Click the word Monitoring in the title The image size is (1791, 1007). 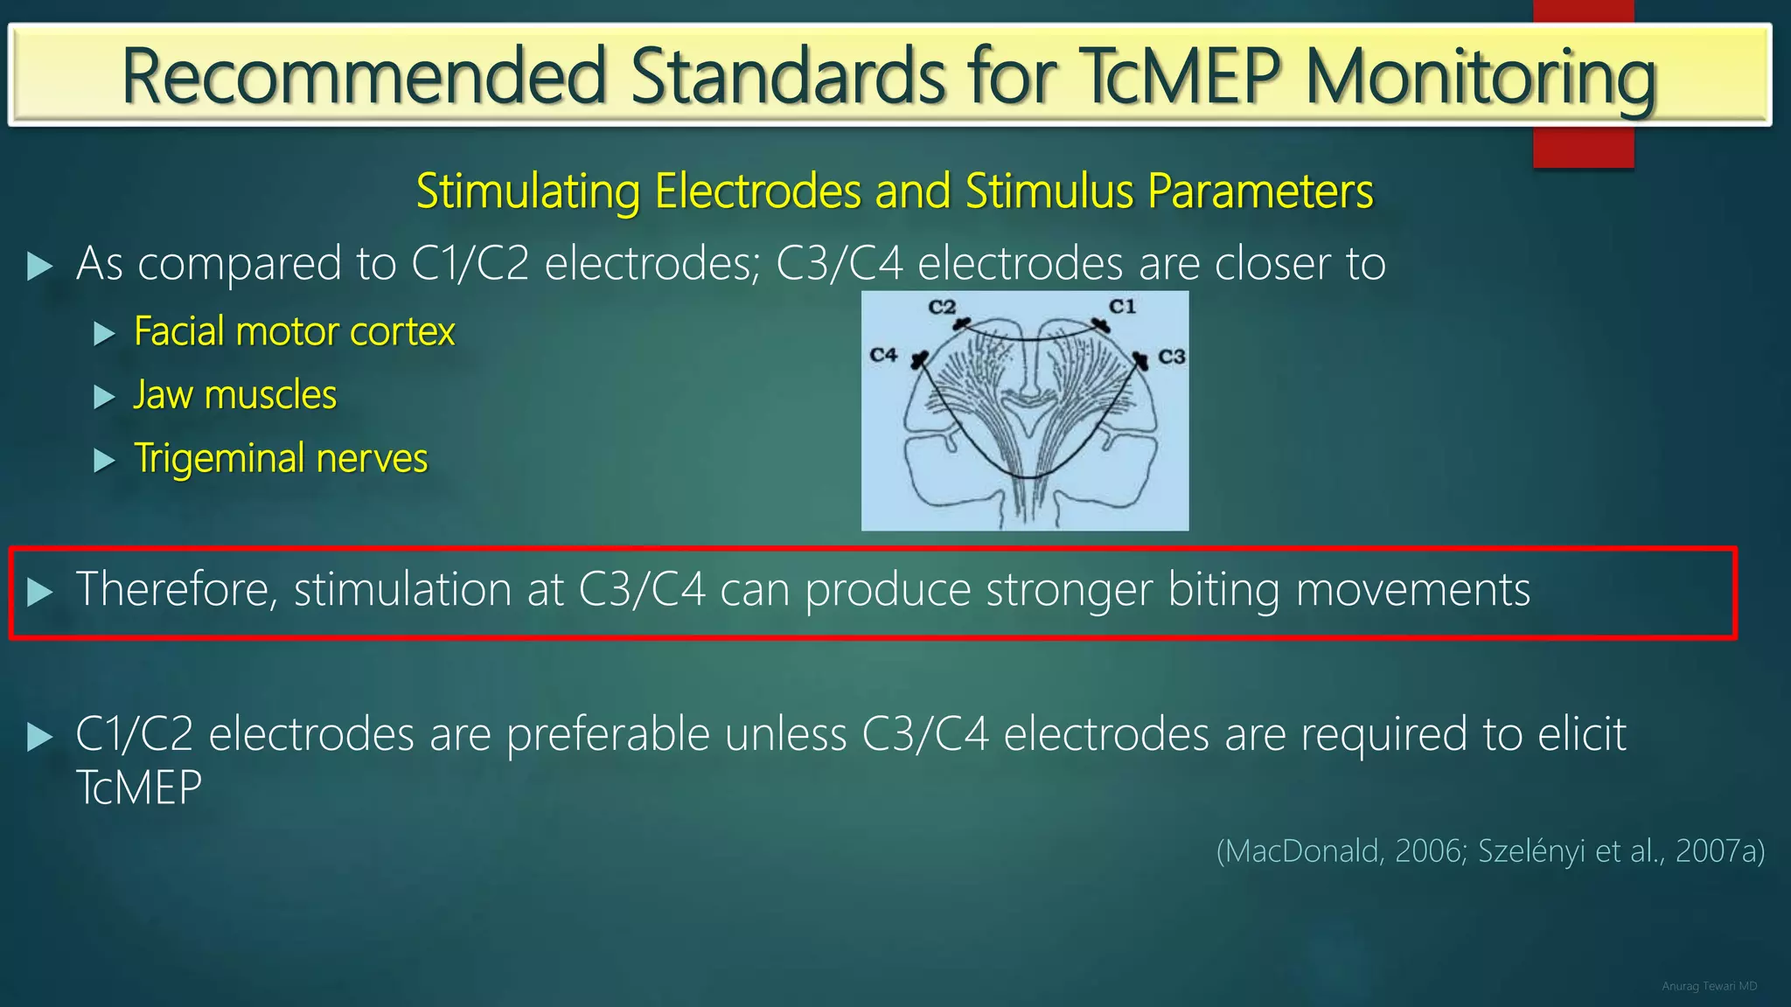click(x=1481, y=77)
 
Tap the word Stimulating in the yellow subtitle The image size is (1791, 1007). click(x=527, y=191)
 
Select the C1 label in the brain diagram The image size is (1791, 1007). click(x=1122, y=307)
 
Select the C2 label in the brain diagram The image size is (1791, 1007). click(x=942, y=307)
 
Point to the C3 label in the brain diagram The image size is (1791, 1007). click(x=1171, y=357)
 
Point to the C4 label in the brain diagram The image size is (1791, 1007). click(x=883, y=355)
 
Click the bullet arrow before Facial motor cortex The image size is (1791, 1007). click(x=104, y=333)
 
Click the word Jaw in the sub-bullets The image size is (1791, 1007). click(x=163, y=395)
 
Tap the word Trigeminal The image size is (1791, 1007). click(x=219, y=458)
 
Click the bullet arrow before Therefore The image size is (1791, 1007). click(x=39, y=593)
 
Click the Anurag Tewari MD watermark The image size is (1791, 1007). click(x=1709, y=986)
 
